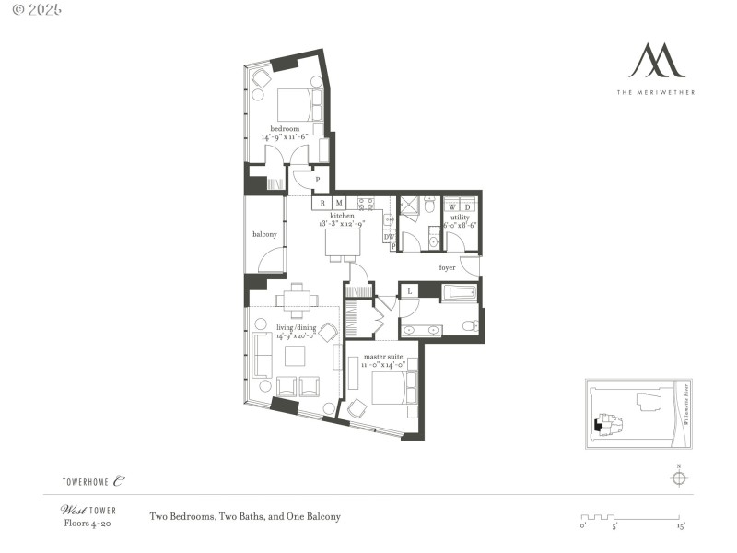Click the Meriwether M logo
(657, 60)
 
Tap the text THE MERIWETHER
(657, 92)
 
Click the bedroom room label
(283, 128)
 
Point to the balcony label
(264, 234)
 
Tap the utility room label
(460, 218)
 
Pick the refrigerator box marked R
(322, 203)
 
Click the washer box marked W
(452, 206)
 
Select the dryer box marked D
(467, 206)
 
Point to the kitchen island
(344, 243)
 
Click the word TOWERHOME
(87, 481)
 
